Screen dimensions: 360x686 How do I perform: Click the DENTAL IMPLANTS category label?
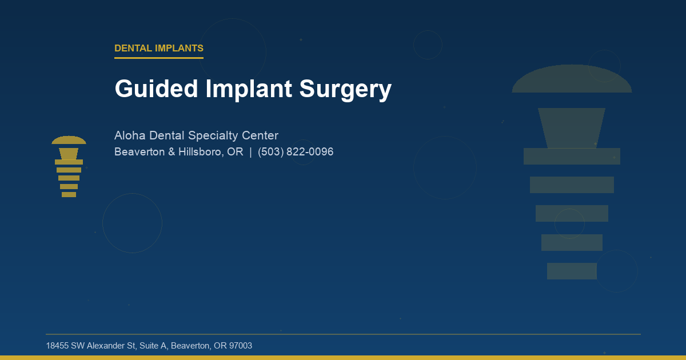159,49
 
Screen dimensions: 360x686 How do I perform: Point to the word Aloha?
130,136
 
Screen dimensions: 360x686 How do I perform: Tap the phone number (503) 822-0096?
296,152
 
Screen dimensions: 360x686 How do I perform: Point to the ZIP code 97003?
241,346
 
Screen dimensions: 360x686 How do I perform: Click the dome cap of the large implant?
572,80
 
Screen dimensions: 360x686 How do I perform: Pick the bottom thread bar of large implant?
572,271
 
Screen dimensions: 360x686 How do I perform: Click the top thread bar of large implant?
572,156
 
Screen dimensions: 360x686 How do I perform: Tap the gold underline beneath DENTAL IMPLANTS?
159,58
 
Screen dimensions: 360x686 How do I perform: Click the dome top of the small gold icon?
69,140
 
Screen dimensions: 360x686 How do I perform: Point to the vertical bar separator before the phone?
250,152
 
